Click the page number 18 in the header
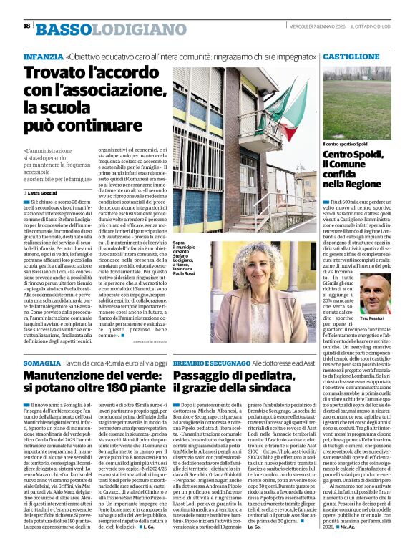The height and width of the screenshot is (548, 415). pyautogui.click(x=26, y=26)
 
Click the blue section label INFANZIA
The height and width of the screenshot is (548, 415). pyautogui.click(x=41, y=55)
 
